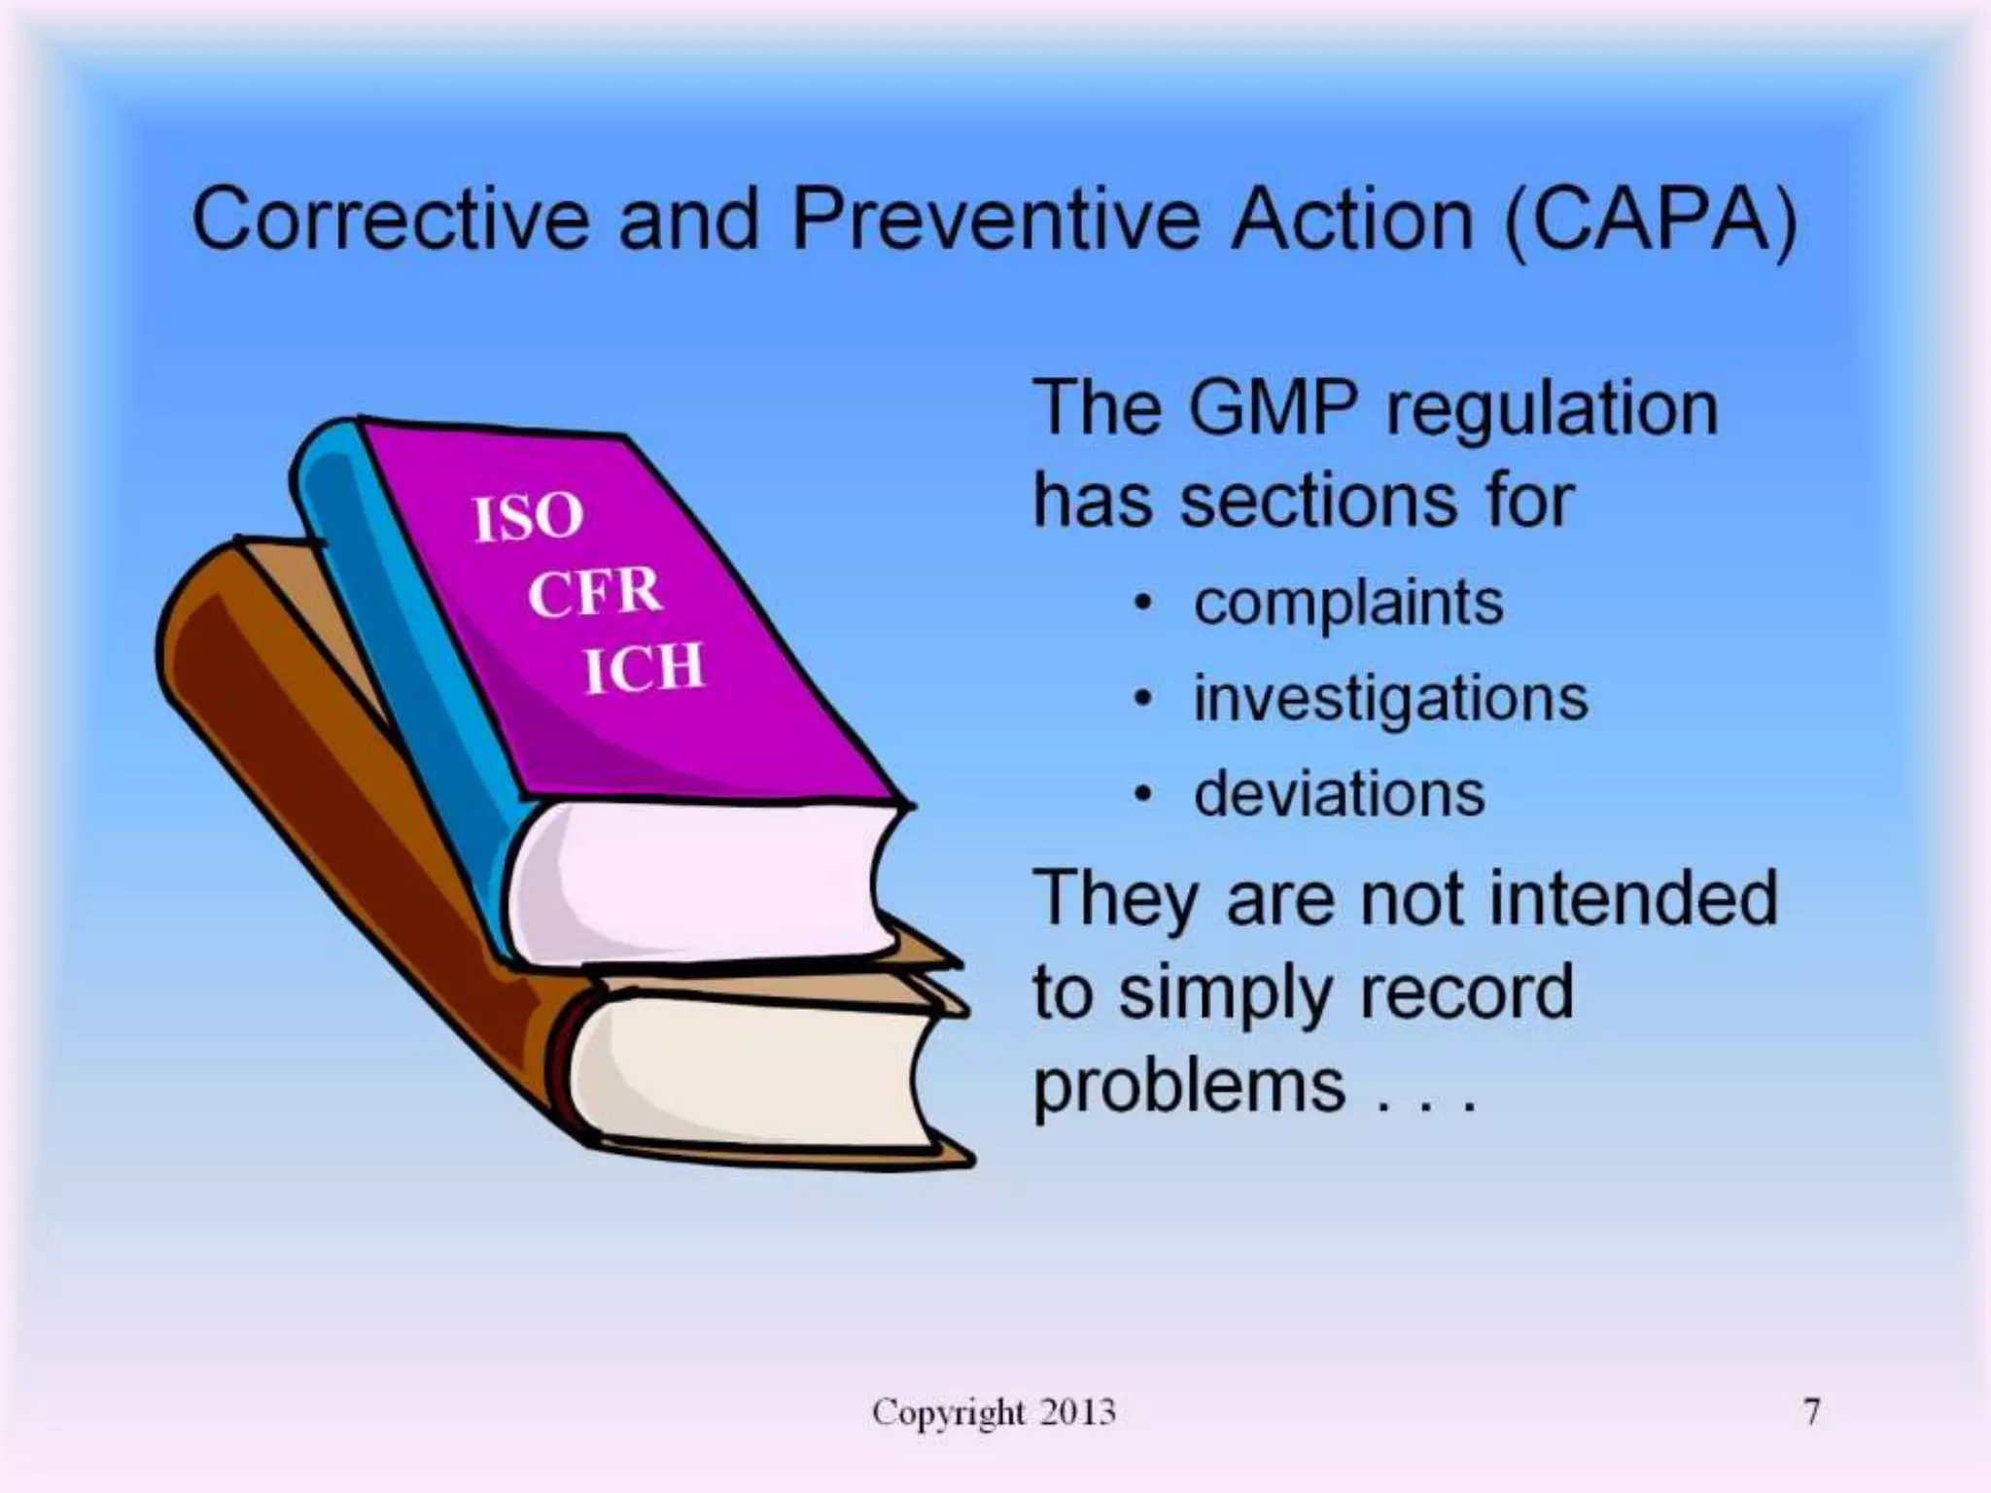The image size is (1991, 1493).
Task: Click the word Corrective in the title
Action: click(390, 220)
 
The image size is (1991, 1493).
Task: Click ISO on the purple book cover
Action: click(528, 516)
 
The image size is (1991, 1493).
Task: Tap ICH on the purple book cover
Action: click(643, 668)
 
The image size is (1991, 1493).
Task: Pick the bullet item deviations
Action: click(1340, 793)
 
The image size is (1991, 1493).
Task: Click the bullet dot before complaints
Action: click(1145, 605)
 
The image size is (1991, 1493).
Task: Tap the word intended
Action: click(1632, 898)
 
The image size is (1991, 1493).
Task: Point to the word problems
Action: click(1188, 1087)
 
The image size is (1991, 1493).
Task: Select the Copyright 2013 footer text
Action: click(994, 1411)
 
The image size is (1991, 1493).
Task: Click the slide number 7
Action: click(1811, 1411)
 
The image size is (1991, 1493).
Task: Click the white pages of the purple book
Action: click(700, 880)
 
